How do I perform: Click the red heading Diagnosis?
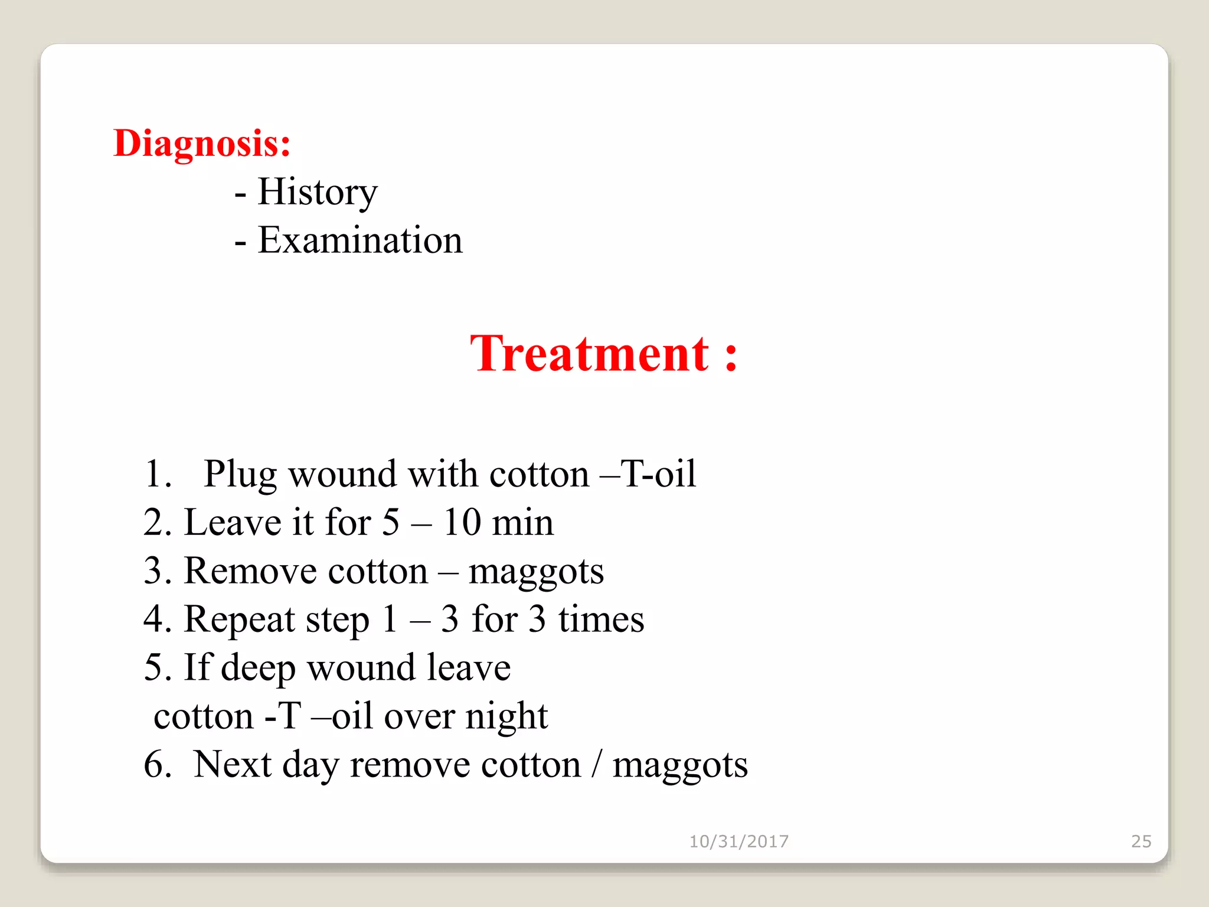click(x=202, y=143)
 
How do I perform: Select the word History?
click(x=318, y=192)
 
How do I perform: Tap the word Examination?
click(x=360, y=240)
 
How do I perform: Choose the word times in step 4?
click(x=601, y=619)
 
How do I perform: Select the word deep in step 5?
click(x=258, y=668)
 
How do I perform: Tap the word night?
click(x=507, y=717)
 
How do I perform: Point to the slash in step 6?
click(x=597, y=765)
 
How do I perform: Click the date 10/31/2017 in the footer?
click(x=739, y=841)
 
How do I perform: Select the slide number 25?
click(x=1141, y=841)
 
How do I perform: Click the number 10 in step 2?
click(x=462, y=523)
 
